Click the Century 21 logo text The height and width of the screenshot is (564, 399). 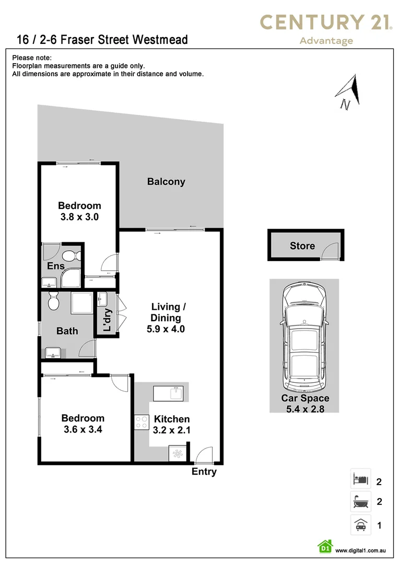[326, 22]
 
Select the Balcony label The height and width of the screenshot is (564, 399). [166, 182]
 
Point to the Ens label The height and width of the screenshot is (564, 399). [56, 266]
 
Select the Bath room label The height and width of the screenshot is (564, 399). [67, 331]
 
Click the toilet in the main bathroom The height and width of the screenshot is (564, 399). [53, 301]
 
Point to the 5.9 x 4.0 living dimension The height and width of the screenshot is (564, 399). [166, 330]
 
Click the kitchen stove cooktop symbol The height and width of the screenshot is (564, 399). [142, 422]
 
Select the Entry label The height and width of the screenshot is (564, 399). [204, 472]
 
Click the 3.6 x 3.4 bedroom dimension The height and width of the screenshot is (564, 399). [83, 429]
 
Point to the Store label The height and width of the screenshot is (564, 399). [302, 245]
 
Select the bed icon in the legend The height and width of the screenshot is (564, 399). [360, 479]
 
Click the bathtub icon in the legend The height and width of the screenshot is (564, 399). [360, 502]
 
